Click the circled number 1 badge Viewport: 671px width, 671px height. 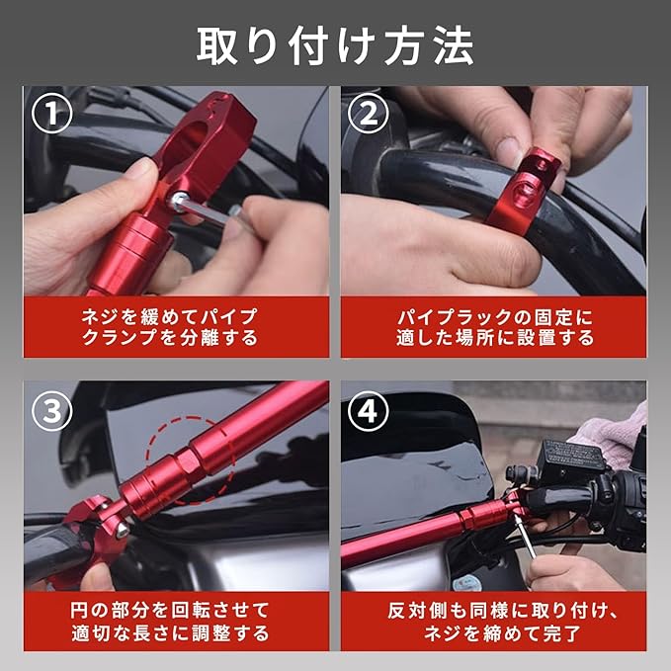pyautogui.click(x=51, y=114)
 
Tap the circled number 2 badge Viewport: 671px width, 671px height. pyautogui.click(x=368, y=114)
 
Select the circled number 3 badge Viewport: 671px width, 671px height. pyautogui.click(x=51, y=411)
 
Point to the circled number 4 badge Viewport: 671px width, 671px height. pyautogui.click(x=368, y=411)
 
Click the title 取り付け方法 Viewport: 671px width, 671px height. pyautogui.click(x=335, y=46)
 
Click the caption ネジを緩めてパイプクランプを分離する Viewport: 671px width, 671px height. pyautogui.click(x=170, y=327)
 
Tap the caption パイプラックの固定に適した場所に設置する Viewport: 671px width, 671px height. pyautogui.click(x=495, y=327)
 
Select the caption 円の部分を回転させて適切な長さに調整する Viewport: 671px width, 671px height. pyautogui.click(x=170, y=622)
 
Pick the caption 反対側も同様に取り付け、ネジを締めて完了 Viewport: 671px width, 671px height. pyautogui.click(x=502, y=622)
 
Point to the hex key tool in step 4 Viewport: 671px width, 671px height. pyautogui.click(x=525, y=537)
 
